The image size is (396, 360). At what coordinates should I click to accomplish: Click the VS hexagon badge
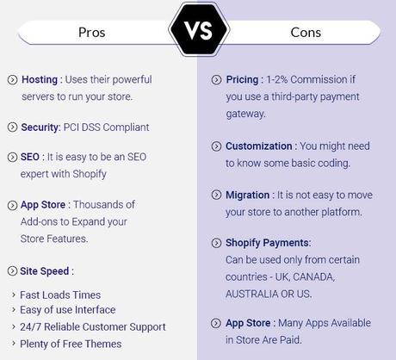(198, 33)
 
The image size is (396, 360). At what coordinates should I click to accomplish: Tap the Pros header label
(92, 33)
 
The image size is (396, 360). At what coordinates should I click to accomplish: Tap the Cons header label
(305, 33)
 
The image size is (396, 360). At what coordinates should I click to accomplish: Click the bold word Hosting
(40, 79)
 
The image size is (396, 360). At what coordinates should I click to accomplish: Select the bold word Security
(41, 127)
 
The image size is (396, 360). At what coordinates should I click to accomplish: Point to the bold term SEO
(31, 158)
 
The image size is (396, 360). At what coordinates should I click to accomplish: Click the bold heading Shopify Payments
(268, 243)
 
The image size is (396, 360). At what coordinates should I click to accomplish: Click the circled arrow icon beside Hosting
(12, 79)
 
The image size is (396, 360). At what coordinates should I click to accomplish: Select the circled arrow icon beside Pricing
(216, 79)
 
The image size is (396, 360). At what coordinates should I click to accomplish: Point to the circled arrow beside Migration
(216, 196)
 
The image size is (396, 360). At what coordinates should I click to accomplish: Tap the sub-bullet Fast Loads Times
(60, 295)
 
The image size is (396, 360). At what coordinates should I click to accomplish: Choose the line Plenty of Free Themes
(71, 344)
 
